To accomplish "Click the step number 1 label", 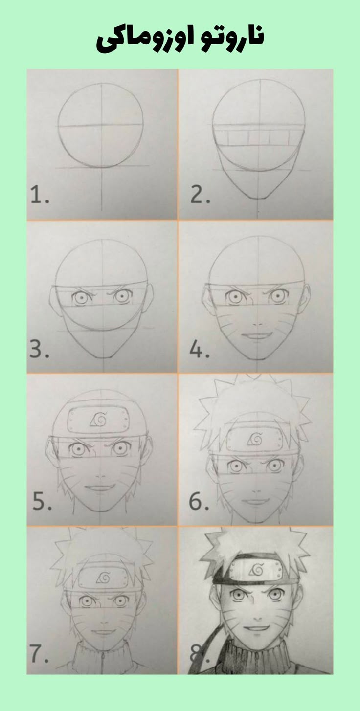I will click(40, 196).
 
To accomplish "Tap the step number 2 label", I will click(200, 196).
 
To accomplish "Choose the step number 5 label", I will click(42, 502).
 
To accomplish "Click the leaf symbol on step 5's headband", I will click(99, 419).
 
